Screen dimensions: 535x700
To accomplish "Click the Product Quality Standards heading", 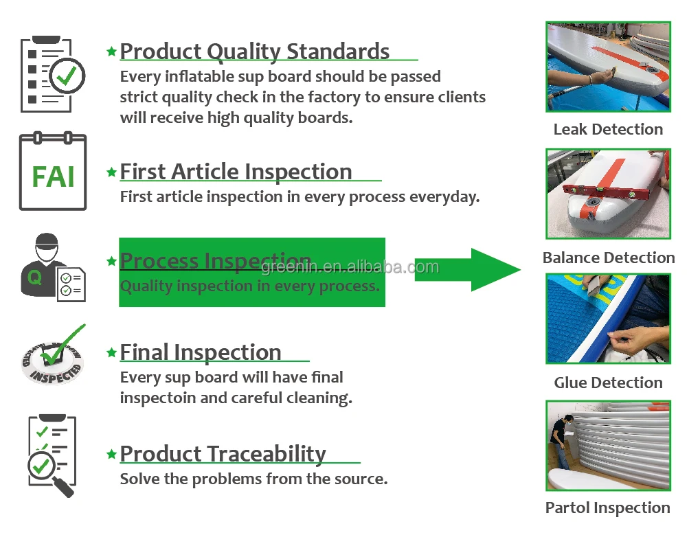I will point(255,52).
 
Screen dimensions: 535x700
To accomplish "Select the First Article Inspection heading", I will point(236,172).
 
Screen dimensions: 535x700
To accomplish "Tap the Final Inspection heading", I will point(201,352).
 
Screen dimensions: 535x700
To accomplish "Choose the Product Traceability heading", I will point(223,454).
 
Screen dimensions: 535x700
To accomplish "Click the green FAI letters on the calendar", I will point(53,177).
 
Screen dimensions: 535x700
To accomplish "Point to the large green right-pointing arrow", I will point(468,270).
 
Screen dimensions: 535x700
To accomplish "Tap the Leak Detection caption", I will point(608,129).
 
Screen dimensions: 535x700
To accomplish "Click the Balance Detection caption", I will point(609,258).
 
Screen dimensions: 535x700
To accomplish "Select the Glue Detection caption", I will point(608,383).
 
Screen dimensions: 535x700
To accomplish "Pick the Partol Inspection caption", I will point(607,508).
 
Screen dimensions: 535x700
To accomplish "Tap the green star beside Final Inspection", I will point(111,352).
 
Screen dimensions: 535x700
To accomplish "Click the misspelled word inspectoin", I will point(156,398).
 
